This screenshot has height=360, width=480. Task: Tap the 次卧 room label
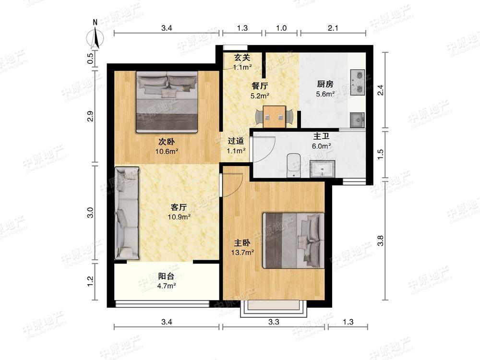(167, 142)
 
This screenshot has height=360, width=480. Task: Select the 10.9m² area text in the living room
(179, 217)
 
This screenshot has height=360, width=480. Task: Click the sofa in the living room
(127, 213)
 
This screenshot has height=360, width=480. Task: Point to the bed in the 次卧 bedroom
(167, 102)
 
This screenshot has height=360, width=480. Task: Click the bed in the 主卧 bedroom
(294, 240)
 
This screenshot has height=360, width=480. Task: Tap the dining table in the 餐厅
(274, 117)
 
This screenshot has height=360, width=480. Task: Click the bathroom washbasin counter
(323, 169)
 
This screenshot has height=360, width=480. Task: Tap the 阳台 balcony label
(166, 276)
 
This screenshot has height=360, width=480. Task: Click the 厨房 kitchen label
(325, 84)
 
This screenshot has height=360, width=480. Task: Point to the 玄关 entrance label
(242, 57)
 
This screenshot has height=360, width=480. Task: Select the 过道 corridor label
(236, 141)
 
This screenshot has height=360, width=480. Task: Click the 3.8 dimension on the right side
(381, 240)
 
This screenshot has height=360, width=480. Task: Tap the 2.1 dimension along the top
(333, 28)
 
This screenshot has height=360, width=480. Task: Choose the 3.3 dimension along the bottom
(274, 322)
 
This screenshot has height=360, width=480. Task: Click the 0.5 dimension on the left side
(90, 58)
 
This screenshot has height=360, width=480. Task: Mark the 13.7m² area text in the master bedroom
(242, 252)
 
